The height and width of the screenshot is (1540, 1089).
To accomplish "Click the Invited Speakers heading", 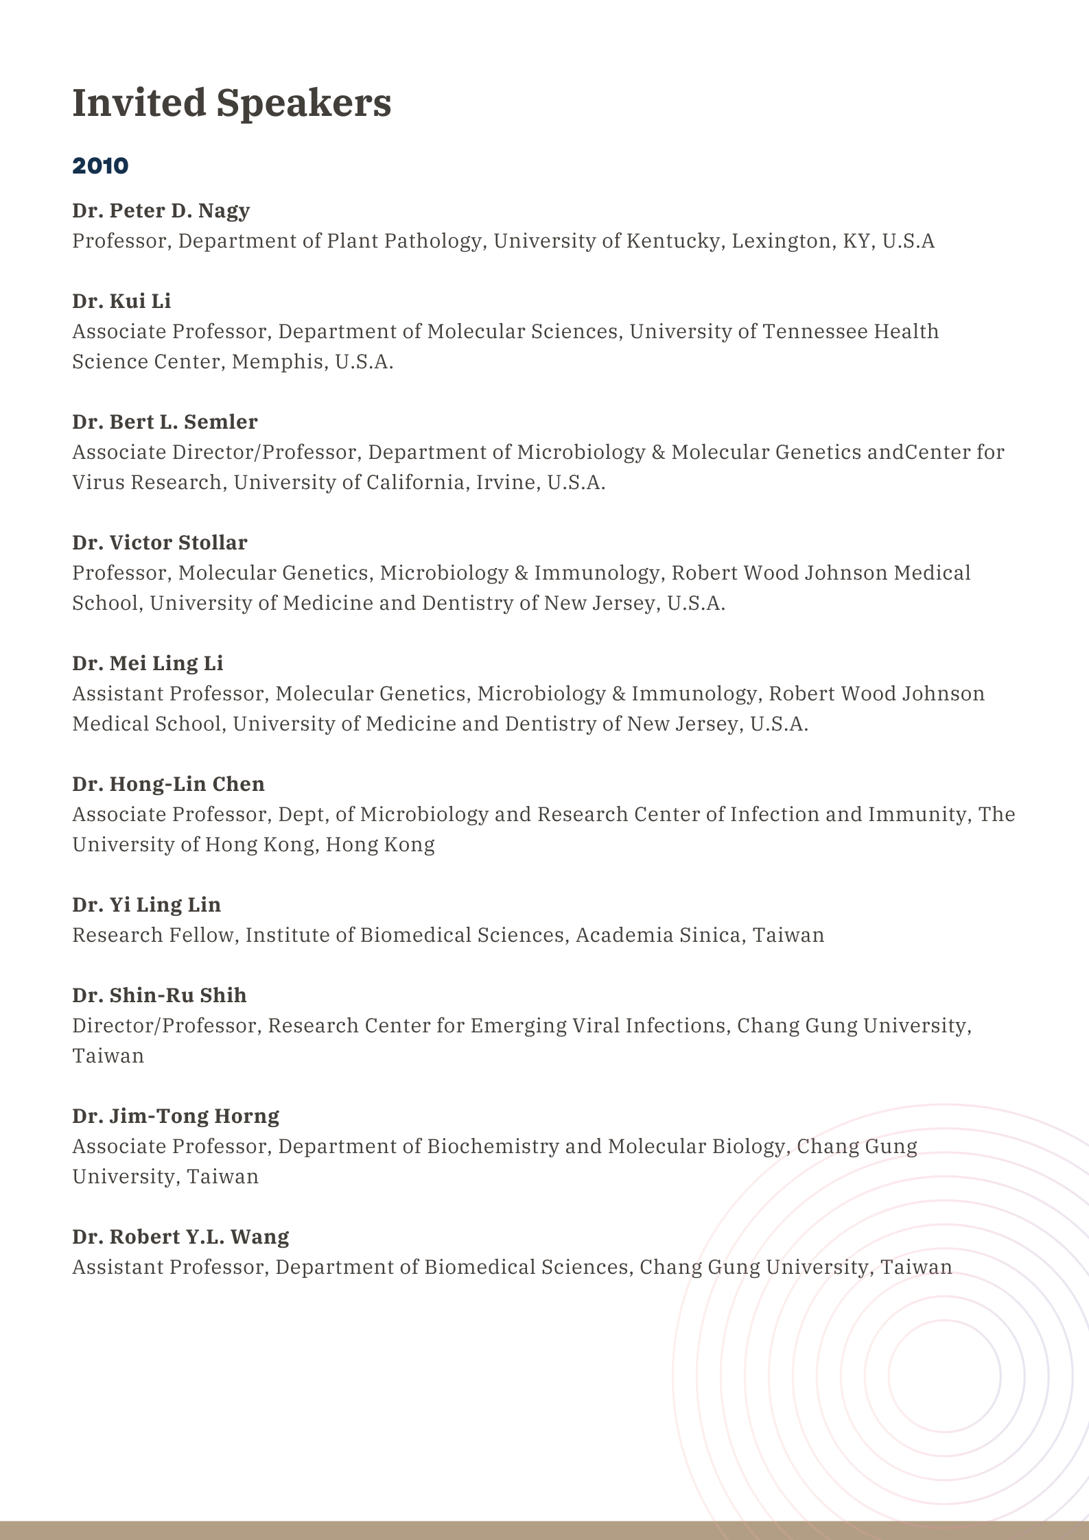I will pos(232,103).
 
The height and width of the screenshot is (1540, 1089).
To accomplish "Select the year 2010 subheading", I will pos(100,166).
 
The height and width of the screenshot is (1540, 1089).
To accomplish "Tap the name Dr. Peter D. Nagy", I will pos(161,211).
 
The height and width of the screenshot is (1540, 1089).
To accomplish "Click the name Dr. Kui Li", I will pos(121,301).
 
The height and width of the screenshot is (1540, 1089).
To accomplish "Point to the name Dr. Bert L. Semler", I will pos(165,422).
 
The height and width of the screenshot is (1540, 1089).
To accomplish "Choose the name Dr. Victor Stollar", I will pos(160,543).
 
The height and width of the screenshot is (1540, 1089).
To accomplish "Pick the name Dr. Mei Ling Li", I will pos(148,663).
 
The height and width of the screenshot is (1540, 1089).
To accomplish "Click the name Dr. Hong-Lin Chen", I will pos(168,784).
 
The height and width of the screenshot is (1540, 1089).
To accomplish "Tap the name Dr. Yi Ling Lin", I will pos(146,905).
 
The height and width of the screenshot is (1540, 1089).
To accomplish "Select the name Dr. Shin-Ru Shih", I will pos(159,995).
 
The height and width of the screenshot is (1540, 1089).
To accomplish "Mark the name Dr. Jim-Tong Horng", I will pos(176,1116).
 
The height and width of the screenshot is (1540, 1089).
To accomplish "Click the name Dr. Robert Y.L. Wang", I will pos(180,1237).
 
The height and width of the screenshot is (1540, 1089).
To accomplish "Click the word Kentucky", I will pos(672,241).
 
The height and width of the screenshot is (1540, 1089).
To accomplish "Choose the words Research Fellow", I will pos(152,936).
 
